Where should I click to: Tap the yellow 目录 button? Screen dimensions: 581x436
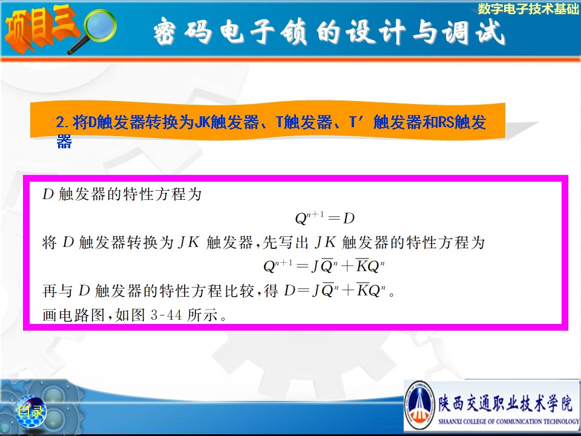(31, 411)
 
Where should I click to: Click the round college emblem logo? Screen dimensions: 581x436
(419, 404)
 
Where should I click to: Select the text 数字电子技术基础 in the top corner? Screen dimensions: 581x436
(528, 8)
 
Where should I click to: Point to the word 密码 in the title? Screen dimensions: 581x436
(183, 31)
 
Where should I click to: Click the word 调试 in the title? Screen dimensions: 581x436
(473, 31)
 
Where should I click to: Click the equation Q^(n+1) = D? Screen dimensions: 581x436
(324, 217)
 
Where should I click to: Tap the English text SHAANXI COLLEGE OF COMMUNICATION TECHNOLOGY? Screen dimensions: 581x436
(508, 421)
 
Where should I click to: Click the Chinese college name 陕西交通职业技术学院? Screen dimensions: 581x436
(505, 403)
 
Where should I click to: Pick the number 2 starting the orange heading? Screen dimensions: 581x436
(60, 122)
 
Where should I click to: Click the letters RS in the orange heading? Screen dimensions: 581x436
(447, 122)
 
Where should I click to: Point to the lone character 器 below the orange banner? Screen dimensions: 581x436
(64, 141)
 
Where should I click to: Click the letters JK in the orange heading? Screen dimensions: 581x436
(202, 122)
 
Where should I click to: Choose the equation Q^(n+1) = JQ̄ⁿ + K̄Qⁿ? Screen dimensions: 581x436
(324, 265)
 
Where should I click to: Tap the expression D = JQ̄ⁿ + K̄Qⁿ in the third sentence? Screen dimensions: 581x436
(335, 290)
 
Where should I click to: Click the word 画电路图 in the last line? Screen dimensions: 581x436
(73, 315)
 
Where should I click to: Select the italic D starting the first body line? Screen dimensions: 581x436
(48, 194)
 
